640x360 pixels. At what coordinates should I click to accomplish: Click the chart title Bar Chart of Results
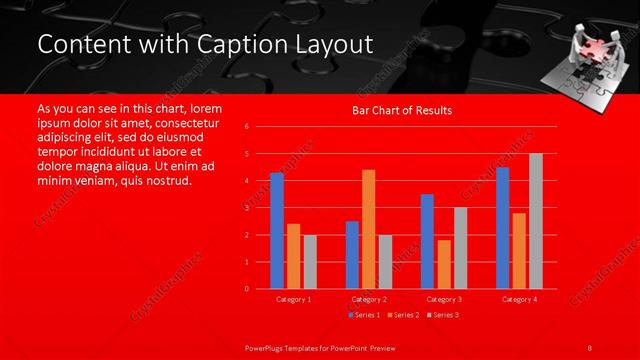(x=401, y=110)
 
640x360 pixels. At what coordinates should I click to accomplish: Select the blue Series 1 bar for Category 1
(x=277, y=231)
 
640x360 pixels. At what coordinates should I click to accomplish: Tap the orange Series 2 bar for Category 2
(x=368, y=229)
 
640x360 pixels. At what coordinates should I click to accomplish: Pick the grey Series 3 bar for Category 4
(x=535, y=221)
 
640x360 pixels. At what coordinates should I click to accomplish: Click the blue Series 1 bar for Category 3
(x=427, y=241)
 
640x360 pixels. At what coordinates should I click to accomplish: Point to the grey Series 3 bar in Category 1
(x=309, y=262)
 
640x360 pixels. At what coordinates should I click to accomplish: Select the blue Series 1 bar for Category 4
(x=502, y=228)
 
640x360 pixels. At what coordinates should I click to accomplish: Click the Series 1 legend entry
(x=363, y=315)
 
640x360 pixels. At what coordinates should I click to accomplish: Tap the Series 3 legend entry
(x=443, y=315)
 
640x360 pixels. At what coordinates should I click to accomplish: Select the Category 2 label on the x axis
(x=368, y=299)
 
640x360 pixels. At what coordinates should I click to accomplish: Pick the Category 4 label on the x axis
(x=518, y=299)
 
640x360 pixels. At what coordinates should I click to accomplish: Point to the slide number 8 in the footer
(x=590, y=347)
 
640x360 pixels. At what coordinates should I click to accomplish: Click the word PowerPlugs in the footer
(x=269, y=347)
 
